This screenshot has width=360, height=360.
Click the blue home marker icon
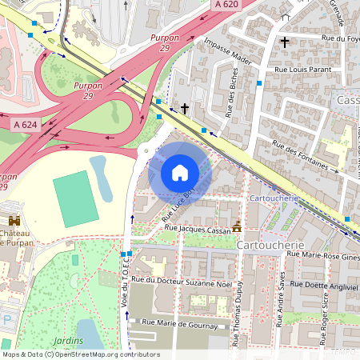(x=180, y=172)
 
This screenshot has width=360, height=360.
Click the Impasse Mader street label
(x=227, y=53)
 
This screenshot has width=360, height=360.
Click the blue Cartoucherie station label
(x=274, y=198)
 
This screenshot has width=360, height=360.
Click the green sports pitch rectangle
(x=76, y=198)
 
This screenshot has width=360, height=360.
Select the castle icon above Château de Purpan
(x=14, y=222)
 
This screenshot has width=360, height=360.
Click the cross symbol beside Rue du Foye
(x=284, y=41)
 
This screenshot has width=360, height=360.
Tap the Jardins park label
(x=67, y=340)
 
